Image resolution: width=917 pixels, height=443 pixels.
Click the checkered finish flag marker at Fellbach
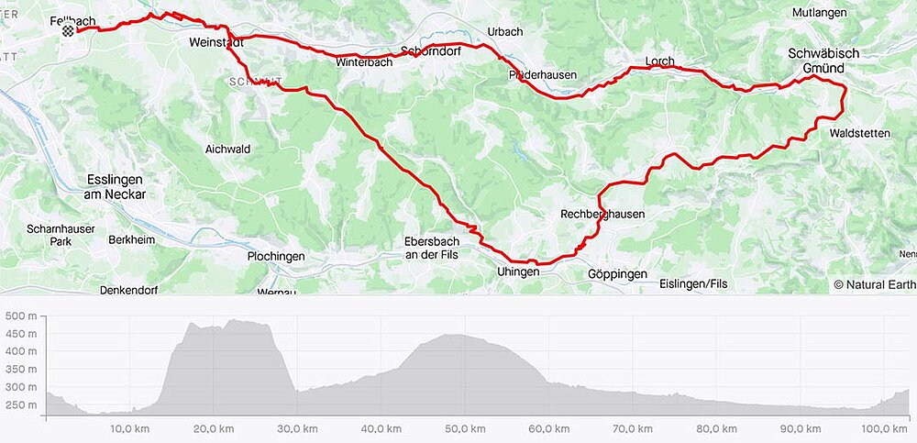coord(68,30)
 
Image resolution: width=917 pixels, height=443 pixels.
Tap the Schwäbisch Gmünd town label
coord(823,61)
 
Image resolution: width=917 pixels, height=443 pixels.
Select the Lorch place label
coord(659,61)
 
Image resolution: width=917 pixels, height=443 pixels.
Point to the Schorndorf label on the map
coord(430,50)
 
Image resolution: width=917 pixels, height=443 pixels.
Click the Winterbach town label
coord(364,62)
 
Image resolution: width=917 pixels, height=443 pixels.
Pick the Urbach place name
coord(504,31)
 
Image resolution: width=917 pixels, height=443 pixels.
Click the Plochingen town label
coord(275,257)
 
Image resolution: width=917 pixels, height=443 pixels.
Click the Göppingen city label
coord(617,274)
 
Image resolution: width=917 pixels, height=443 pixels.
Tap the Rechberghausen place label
coord(602,215)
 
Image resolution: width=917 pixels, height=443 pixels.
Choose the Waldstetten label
coord(858,133)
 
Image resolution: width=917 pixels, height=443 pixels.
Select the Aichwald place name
coord(227,149)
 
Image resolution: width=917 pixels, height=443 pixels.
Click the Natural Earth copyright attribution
coord(874,284)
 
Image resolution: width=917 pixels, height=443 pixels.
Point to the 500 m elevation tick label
coord(20,316)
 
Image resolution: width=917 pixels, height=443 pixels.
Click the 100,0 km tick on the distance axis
coord(886,428)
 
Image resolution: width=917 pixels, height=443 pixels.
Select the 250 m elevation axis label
coord(20,404)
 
